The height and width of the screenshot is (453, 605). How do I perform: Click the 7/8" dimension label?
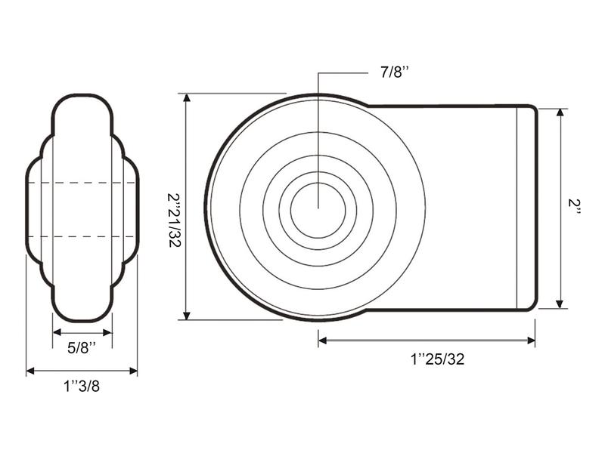(394, 72)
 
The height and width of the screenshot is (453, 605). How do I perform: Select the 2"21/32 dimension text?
(175, 220)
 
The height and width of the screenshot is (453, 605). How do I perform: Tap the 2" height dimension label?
(574, 208)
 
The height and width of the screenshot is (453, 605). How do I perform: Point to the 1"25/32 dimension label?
(437, 359)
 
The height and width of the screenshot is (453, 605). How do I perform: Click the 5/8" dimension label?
(82, 348)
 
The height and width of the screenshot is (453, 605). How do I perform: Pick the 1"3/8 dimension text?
(82, 386)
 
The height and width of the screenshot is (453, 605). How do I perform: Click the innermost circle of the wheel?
(318, 210)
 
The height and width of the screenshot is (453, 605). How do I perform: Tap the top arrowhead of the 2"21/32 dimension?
(187, 97)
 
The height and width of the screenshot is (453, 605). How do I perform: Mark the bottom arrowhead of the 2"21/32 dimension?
(187, 316)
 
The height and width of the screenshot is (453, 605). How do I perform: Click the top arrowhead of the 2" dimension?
(560, 112)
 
